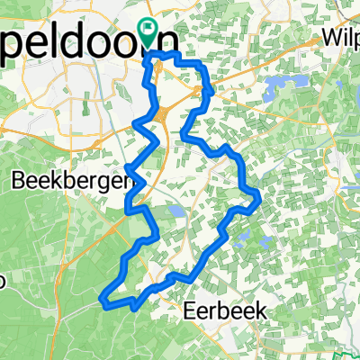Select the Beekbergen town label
(67, 180)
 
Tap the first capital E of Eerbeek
(189, 310)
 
